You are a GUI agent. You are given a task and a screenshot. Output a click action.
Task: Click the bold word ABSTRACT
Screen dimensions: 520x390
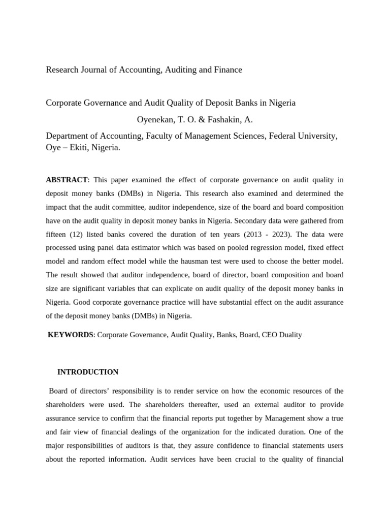coord(67,180)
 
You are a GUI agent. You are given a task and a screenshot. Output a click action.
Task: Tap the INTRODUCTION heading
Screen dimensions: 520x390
coord(88,372)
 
